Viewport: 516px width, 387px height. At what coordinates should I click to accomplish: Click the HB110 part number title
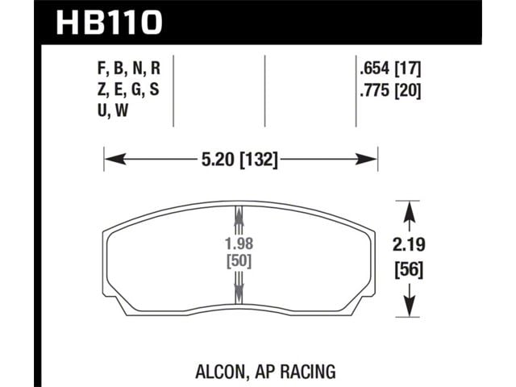point(110,23)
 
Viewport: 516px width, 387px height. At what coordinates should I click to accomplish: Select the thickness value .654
point(375,69)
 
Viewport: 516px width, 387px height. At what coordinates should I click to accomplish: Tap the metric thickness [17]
point(408,69)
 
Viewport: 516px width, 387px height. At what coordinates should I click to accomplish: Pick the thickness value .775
point(375,89)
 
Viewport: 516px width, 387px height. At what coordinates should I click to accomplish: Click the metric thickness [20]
point(408,89)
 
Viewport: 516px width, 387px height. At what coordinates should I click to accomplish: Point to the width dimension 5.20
point(218,160)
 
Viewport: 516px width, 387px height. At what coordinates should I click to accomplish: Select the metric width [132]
point(259,160)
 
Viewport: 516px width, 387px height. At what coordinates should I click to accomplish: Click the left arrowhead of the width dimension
point(115,160)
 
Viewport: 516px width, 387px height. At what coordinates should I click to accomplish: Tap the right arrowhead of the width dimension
point(366,160)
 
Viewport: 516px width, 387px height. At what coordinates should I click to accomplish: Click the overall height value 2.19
point(409,245)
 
